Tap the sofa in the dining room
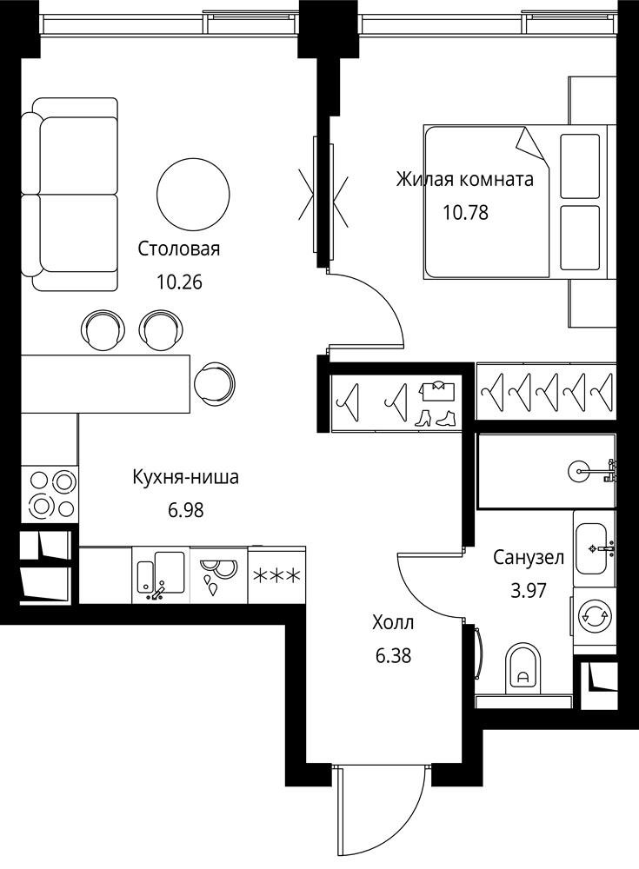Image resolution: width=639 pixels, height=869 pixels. point(70,194)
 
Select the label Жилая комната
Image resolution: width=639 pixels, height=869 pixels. point(465,180)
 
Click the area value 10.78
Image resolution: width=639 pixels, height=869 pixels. point(465,212)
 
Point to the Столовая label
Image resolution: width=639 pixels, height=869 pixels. point(178,249)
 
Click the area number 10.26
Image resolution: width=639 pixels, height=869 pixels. point(179,282)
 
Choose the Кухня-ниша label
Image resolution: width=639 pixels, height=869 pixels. point(186,476)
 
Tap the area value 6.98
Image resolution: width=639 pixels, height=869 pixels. point(186,510)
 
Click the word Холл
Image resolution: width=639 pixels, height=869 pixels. point(393,623)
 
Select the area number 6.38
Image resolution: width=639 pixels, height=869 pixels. point(393,656)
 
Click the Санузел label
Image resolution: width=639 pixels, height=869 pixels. point(529,557)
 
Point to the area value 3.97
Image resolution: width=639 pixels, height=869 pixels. point(529,590)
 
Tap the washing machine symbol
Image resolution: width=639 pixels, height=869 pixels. point(595,614)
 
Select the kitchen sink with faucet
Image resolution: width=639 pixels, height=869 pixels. point(162,575)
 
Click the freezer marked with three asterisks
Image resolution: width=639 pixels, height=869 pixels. point(276,575)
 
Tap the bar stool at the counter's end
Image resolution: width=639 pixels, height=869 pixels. point(216,383)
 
